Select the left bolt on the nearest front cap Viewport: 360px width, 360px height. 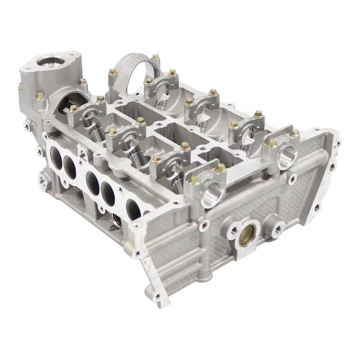tap(195, 181)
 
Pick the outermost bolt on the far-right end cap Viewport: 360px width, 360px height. tap(295, 133)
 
